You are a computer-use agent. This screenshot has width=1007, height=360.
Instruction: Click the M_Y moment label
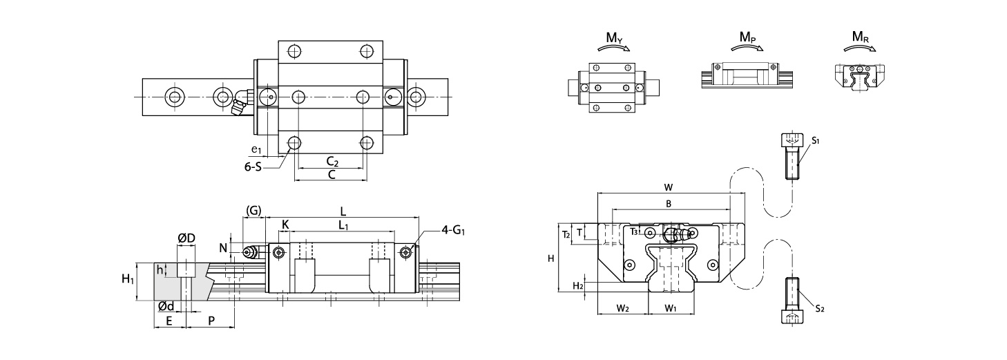614,38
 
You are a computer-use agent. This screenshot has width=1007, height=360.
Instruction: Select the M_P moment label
747,37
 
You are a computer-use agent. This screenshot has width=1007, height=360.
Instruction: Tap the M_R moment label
861,37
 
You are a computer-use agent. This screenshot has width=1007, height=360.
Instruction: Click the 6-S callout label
253,167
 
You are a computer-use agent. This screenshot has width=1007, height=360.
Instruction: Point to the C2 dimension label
332,161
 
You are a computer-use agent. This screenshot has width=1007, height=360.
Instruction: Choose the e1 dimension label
256,149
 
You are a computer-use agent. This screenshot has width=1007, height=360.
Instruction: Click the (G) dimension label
253,211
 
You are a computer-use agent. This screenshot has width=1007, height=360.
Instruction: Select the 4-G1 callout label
453,231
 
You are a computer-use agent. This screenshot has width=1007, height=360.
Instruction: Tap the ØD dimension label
186,238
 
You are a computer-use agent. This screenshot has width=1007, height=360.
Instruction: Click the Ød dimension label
166,307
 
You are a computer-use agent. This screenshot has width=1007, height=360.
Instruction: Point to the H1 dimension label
128,279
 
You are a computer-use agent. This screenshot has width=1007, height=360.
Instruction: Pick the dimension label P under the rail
211,321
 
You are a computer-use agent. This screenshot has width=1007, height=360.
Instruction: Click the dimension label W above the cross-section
669,187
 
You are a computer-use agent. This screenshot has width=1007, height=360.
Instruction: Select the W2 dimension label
622,308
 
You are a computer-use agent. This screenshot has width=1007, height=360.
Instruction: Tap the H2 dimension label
578,286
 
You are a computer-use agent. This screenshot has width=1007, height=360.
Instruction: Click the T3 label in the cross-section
634,231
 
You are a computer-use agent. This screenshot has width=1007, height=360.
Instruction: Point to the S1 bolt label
816,141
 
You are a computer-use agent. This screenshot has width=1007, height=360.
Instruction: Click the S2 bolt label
820,309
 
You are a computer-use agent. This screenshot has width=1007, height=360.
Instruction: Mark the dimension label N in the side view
223,248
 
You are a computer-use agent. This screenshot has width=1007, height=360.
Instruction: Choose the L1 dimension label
343,225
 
